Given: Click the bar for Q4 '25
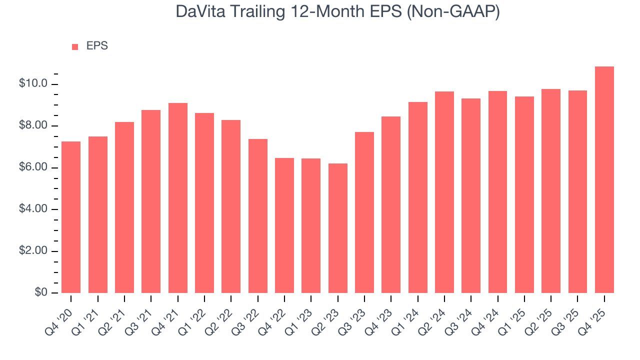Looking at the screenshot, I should pos(604,180).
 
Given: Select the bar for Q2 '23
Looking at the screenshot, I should pos(337,228).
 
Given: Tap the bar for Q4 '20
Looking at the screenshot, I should pos(71,217).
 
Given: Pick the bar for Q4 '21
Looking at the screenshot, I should pos(177,198).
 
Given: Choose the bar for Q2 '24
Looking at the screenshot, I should pos(444,192).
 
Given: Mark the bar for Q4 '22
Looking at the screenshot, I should pos(284,225).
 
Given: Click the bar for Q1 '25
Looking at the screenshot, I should pos(524,194).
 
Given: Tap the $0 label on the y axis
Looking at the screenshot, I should pos(40,292).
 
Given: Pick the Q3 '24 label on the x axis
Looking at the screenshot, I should pos(460,314).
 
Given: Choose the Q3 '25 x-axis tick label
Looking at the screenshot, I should pos(567,314).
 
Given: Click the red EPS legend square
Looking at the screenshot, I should pos(75,46).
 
